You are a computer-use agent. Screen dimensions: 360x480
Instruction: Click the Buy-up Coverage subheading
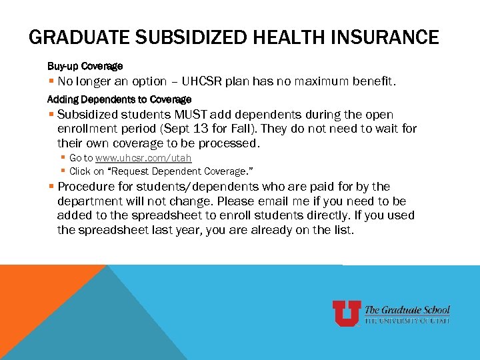(85, 67)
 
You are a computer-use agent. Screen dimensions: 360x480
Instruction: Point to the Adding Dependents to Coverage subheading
(119, 99)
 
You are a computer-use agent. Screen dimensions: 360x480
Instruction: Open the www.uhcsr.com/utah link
(143, 158)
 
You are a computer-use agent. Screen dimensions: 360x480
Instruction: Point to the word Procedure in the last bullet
(85, 187)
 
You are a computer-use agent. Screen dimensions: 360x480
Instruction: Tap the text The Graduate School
(407, 310)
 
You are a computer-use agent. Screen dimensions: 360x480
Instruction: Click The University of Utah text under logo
(407, 321)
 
